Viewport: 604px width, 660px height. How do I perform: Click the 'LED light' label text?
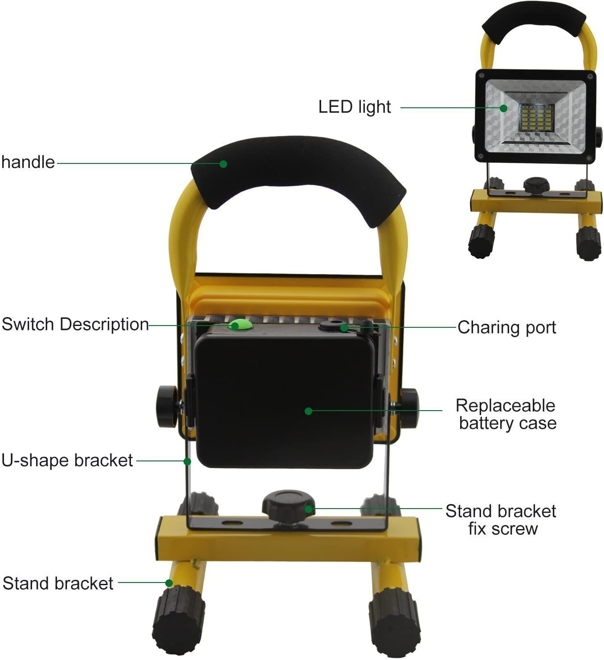tap(354, 107)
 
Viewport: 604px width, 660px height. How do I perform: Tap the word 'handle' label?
tap(28, 162)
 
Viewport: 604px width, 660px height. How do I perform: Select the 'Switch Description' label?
tap(75, 324)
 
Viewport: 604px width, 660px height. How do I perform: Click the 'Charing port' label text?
tap(506, 327)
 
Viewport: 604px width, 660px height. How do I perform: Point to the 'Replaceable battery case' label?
tap(506, 414)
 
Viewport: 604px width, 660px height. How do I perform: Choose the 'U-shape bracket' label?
tap(67, 460)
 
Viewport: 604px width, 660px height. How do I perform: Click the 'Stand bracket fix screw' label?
tap(501, 520)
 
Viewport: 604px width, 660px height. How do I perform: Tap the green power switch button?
tap(241, 324)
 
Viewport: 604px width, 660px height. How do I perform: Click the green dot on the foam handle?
tap(223, 164)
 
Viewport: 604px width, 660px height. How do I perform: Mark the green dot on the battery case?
tap(308, 411)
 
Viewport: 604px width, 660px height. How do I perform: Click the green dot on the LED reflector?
tap(503, 108)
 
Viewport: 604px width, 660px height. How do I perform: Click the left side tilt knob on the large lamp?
tap(167, 406)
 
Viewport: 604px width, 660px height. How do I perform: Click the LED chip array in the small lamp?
tap(537, 118)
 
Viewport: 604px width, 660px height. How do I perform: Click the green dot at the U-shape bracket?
tap(187, 462)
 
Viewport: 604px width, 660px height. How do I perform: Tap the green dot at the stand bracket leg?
tap(169, 583)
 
